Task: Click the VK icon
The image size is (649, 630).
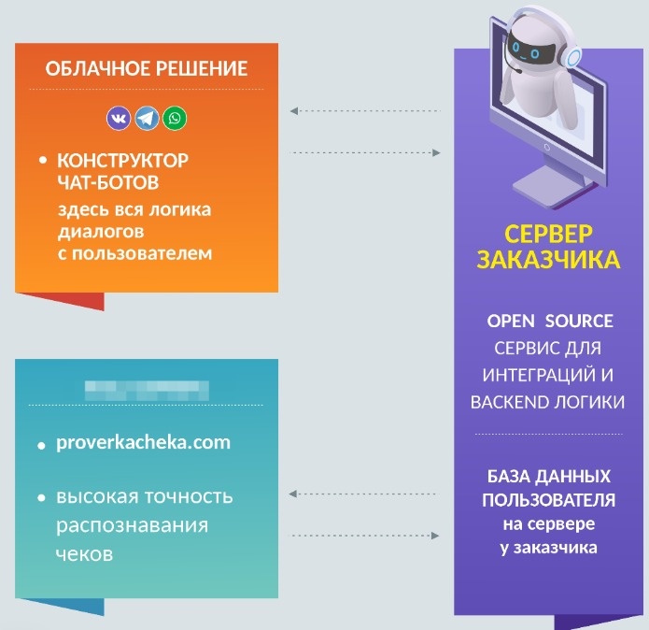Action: [120, 119]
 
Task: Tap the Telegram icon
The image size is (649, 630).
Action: [147, 119]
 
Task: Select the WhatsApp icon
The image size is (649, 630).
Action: [174, 119]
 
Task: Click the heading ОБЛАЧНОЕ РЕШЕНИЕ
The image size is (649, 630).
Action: [147, 69]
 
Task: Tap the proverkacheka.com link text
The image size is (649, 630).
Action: [143, 442]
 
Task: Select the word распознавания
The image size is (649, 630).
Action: [132, 524]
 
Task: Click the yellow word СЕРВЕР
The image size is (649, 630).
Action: [549, 233]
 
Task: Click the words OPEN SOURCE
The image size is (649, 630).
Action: [550, 322]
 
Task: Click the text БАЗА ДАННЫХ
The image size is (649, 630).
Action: [549, 475]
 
